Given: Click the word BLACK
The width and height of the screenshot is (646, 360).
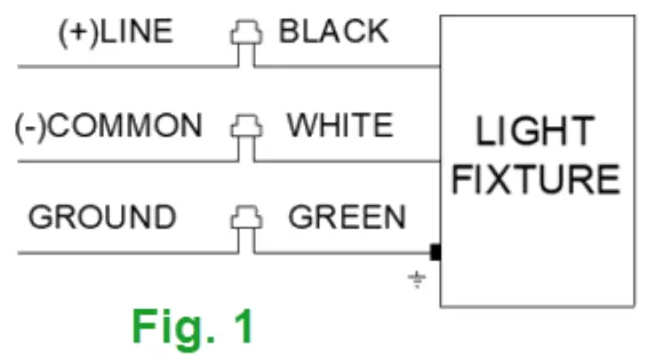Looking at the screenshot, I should pyautogui.click(x=333, y=32).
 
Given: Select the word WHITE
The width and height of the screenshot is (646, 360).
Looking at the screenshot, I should pyautogui.click(x=339, y=125).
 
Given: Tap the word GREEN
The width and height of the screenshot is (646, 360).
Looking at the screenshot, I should pyautogui.click(x=347, y=218).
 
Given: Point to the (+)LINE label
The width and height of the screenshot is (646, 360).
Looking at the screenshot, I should pyautogui.click(x=116, y=32).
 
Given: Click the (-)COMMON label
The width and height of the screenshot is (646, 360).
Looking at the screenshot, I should pyautogui.click(x=108, y=125).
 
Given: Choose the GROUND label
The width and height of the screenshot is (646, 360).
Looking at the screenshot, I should pyautogui.click(x=102, y=218).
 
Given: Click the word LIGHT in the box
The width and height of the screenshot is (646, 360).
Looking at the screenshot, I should pyautogui.click(x=534, y=132).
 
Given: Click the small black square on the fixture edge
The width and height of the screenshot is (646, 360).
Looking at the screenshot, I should pyautogui.click(x=435, y=253).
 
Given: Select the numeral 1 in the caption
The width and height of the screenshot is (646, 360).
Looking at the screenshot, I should pyautogui.click(x=243, y=326).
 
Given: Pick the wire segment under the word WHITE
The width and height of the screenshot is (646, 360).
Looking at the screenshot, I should pyautogui.click(x=347, y=161).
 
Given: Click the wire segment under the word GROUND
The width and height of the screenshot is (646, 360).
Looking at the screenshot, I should pyautogui.click(x=102, y=253).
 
